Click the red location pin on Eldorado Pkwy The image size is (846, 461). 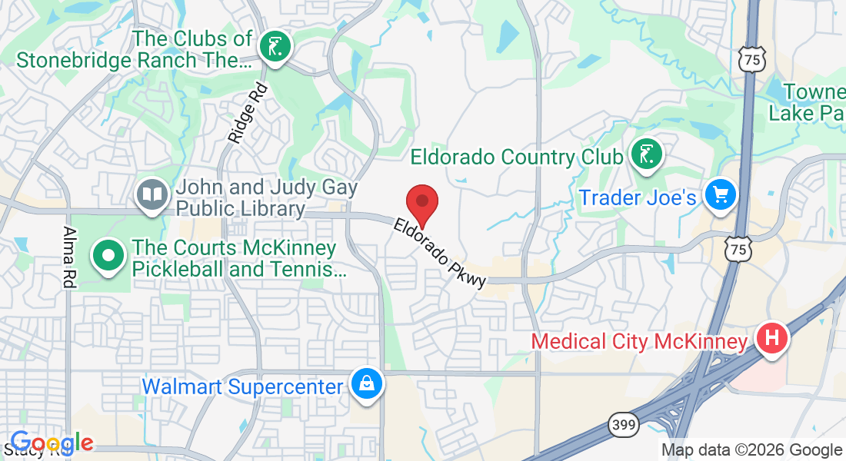click(x=421, y=204)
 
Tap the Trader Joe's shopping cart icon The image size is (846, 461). click(x=721, y=196)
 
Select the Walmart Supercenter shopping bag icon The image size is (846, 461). click(x=367, y=384)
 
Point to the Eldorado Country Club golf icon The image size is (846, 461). click(x=646, y=154)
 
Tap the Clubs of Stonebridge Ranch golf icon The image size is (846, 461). click(x=274, y=47)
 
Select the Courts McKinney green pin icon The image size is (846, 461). click(x=108, y=255)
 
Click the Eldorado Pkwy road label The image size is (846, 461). click(x=440, y=253)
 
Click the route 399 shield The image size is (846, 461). click(x=622, y=423)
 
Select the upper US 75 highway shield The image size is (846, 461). click(x=750, y=58)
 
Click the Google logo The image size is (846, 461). click(x=52, y=443)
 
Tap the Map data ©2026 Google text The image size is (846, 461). click(x=751, y=450)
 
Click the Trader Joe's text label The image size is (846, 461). click(x=638, y=197)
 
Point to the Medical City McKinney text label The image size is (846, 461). click(x=639, y=340)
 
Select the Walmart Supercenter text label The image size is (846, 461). click(x=242, y=386)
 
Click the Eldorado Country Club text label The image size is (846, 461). click(x=516, y=157)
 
